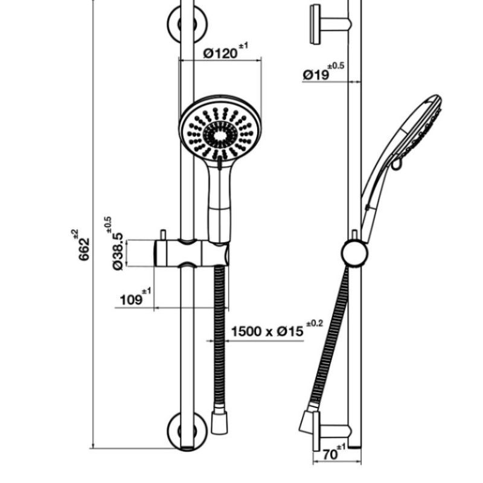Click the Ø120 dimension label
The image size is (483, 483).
pyautogui.click(x=221, y=54)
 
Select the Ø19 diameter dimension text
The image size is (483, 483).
pyautogui.click(x=316, y=75)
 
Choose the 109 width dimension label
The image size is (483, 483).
pyautogui.click(x=130, y=300)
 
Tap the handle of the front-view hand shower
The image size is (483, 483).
pyautogui.click(x=220, y=199)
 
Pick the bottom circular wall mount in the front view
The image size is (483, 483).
pyautogui.click(x=187, y=430)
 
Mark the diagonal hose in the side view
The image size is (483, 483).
pyautogui.click(x=329, y=338)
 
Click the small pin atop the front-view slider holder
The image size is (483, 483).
pyautogui.click(x=164, y=234)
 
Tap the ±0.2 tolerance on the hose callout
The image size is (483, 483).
pyautogui.click(x=315, y=324)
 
